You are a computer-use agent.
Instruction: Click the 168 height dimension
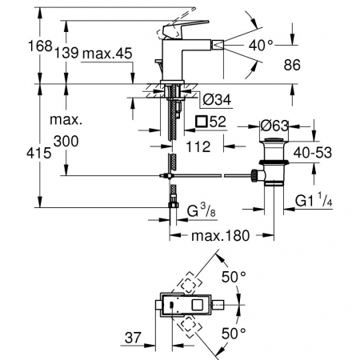click(40, 46)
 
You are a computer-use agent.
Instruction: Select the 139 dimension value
click(66, 53)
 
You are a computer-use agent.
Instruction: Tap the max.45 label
click(107, 54)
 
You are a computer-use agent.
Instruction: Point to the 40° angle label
click(261, 45)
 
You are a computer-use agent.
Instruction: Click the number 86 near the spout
click(292, 65)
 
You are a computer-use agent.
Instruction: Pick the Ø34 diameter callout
click(217, 99)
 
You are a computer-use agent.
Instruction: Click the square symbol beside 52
click(202, 122)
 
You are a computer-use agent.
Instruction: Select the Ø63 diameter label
click(274, 126)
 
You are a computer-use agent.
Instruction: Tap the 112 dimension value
click(198, 146)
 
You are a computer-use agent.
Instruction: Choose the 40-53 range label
click(313, 153)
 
